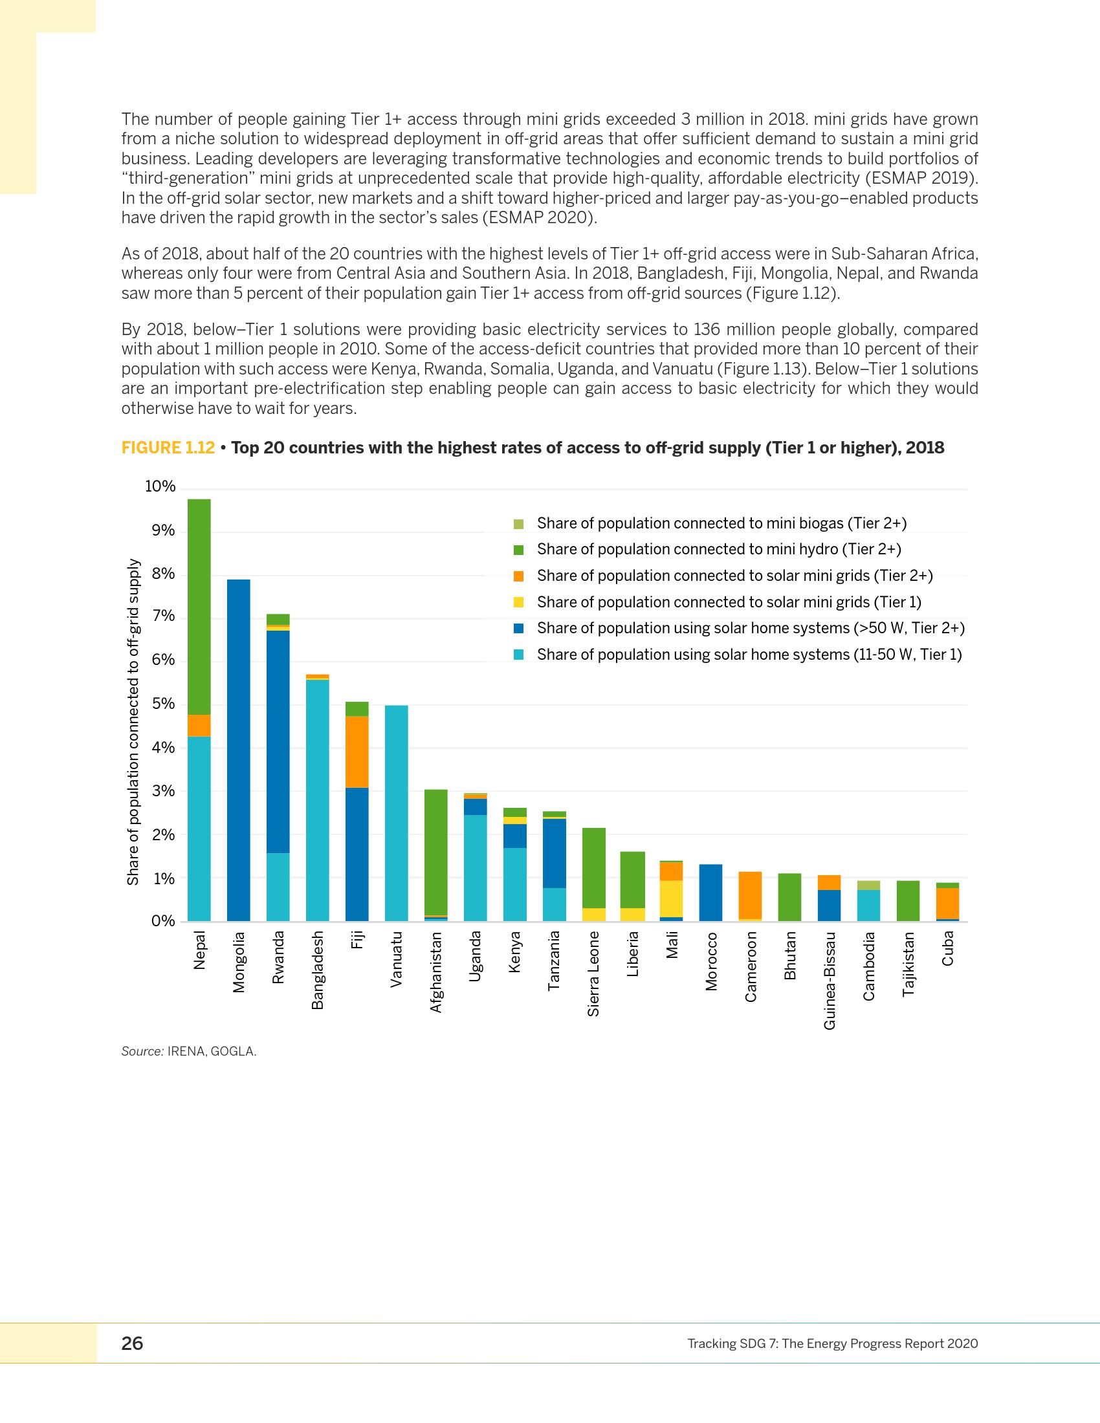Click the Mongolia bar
239,749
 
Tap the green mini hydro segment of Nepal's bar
199,606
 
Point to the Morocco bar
710,892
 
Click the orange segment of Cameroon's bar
750,895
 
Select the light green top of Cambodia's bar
868,885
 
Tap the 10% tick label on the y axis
160,486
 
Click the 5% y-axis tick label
163,704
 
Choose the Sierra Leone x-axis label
593,973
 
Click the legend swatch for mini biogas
519,524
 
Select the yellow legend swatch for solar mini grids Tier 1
519,603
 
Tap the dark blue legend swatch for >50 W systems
519,629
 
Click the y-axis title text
133,721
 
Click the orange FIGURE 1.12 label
168,448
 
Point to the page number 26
132,1343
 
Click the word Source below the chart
142,1051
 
